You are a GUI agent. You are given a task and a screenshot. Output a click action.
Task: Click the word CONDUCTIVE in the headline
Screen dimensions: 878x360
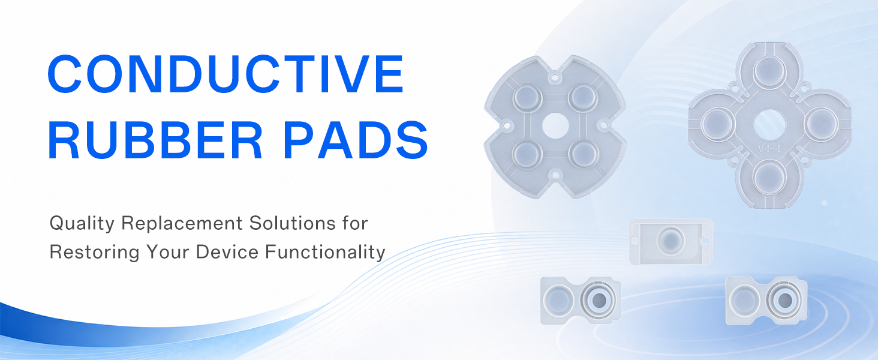pos(225,73)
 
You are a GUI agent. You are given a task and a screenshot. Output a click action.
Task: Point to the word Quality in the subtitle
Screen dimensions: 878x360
pos(82,224)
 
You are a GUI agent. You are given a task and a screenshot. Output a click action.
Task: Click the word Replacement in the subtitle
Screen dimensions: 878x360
pos(182,224)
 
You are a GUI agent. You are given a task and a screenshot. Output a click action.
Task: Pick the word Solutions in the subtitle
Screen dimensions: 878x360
pos(293,223)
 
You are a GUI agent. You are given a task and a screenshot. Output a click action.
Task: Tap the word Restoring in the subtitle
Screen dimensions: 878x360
pos(95,252)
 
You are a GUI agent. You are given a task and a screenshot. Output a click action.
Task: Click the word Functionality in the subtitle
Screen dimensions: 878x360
pos(325,252)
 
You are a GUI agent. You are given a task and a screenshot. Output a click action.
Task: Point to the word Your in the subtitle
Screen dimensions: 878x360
pos(168,251)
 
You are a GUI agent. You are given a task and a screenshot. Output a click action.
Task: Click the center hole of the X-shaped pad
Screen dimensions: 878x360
pos(555,126)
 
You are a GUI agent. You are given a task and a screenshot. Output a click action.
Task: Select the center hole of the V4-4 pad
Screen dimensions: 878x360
pos(769,125)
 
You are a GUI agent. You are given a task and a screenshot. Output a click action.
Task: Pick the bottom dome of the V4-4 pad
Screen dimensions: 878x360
pos(770,178)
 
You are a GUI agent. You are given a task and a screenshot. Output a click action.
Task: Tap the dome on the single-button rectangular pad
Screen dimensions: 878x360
pos(670,241)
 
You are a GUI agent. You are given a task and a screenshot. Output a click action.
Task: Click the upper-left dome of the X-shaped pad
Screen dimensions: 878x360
pos(528,97)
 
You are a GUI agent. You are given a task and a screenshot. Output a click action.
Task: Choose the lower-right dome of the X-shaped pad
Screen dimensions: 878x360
pos(584,154)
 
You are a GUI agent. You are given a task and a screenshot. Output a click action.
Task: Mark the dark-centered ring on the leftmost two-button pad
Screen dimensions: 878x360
pos(598,301)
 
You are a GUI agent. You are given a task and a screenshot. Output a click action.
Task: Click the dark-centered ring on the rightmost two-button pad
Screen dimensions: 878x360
pos(784,301)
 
